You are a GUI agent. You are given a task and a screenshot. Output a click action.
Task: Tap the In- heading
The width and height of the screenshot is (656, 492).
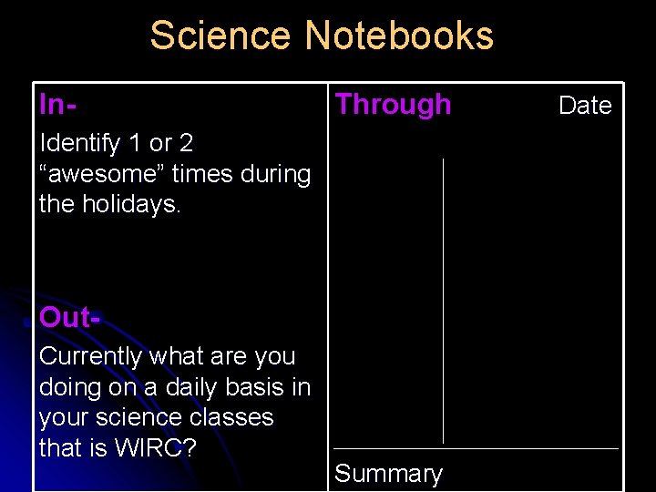pyautogui.click(x=56, y=104)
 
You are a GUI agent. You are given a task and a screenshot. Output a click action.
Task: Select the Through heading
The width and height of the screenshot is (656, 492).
pyautogui.click(x=393, y=105)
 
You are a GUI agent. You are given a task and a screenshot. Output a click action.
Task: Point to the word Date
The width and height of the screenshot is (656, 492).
pyautogui.click(x=585, y=106)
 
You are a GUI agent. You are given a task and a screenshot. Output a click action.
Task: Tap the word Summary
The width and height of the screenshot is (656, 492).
pyautogui.click(x=388, y=474)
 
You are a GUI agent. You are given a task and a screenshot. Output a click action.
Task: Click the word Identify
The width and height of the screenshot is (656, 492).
pyautogui.click(x=80, y=144)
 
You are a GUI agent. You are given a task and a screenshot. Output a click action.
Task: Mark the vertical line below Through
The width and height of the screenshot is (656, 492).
pyautogui.click(x=443, y=301)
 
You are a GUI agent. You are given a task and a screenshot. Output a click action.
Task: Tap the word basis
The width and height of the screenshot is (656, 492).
pyautogui.click(x=255, y=387)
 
